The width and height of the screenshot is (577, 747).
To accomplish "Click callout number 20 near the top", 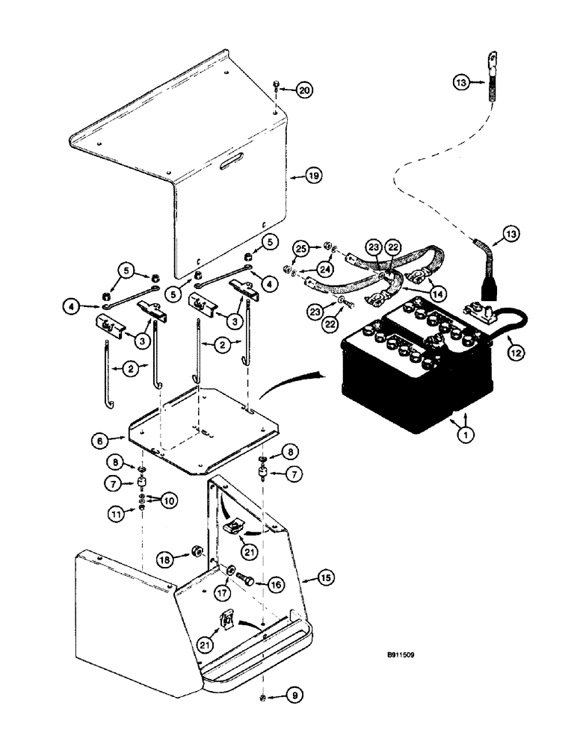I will [304, 90].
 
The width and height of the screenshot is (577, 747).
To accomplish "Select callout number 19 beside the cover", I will [313, 176].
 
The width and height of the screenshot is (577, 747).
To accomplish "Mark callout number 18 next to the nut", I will [164, 558].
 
